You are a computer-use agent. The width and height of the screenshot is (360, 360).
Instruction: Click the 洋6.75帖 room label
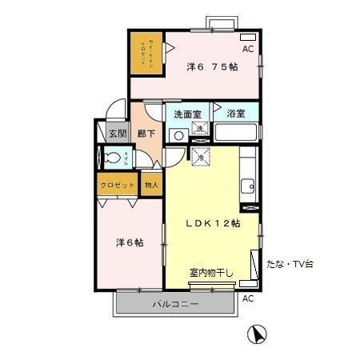point(212,66)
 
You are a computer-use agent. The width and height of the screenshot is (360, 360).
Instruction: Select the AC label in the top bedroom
point(248,50)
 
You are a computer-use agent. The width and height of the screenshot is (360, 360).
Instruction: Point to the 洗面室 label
point(187,114)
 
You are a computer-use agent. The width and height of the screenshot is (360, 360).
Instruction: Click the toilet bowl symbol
point(114,157)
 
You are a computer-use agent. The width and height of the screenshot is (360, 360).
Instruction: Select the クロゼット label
point(117,185)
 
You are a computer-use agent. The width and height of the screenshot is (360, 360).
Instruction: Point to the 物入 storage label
point(151,185)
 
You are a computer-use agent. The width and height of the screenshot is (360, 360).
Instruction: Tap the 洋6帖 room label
point(126,242)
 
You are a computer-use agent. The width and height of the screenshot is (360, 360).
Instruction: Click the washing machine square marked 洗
point(200,130)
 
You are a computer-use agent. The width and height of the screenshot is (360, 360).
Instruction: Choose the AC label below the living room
point(248,298)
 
